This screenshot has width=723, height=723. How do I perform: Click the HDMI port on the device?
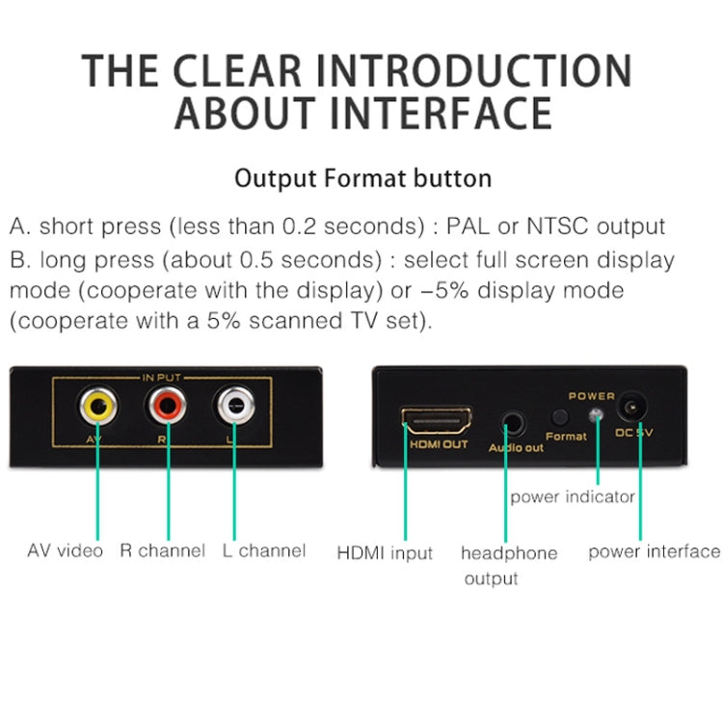pyautogui.click(x=438, y=420)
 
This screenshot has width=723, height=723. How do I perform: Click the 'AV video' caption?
pyautogui.click(x=65, y=551)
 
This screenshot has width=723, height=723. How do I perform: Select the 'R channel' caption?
pyautogui.click(x=162, y=551)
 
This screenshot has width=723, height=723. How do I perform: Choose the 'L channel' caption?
pyautogui.click(x=263, y=551)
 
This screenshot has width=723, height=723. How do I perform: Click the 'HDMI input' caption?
pyautogui.click(x=385, y=553)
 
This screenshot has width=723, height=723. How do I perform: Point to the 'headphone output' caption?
pyautogui.click(x=508, y=565)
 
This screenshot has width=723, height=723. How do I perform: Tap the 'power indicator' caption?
pyautogui.click(x=572, y=496)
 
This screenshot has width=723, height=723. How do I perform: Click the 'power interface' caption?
pyautogui.click(x=654, y=551)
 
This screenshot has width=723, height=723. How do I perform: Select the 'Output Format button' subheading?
pyautogui.click(x=363, y=178)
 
